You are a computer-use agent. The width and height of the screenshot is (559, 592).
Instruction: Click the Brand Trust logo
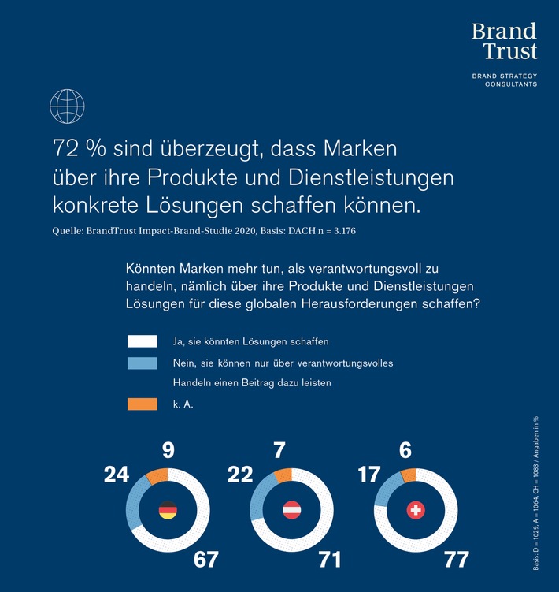(x=504, y=41)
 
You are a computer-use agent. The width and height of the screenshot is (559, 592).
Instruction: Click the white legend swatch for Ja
(x=142, y=341)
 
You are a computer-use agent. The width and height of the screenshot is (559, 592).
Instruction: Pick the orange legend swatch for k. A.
(x=142, y=404)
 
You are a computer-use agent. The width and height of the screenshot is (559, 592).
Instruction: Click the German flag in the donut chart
(x=167, y=511)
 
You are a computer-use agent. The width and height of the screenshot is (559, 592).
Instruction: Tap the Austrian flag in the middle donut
(x=291, y=511)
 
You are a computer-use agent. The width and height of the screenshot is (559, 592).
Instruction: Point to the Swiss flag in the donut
(x=416, y=511)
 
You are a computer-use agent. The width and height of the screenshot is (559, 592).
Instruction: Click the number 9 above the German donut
(x=169, y=451)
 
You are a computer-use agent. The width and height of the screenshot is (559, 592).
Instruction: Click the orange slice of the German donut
(x=157, y=475)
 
